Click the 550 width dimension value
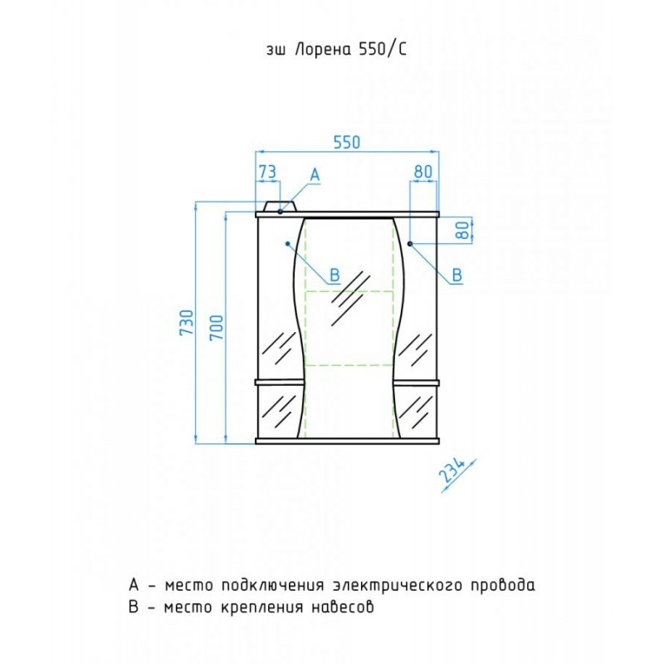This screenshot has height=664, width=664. [347, 142]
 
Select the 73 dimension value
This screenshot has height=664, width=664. [267, 172]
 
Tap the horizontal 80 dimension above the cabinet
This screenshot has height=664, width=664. [423, 172]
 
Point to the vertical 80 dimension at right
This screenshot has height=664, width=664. [465, 230]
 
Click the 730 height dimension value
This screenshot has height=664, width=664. [188, 322]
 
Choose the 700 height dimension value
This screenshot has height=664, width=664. [216, 327]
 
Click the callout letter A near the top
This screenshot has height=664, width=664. [315, 175]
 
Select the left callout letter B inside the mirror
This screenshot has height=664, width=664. [334, 276]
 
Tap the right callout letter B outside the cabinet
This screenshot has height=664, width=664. [457, 275]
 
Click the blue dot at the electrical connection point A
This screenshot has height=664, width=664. [281, 212]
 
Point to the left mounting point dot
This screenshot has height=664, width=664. [287, 243]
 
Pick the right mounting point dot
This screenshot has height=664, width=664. [410, 243]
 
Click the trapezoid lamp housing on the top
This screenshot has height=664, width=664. [280, 206]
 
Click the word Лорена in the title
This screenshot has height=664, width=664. [322, 50]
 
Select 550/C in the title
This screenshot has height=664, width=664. [383, 50]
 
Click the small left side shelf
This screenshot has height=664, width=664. [280, 383]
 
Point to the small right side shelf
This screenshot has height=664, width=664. [416, 383]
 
